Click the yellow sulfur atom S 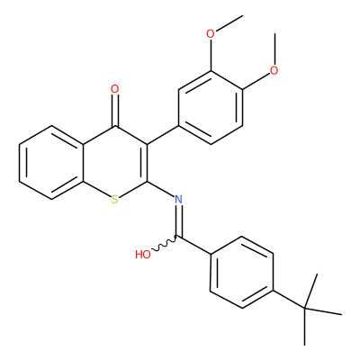coord(114,200)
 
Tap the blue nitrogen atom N coord(178,199)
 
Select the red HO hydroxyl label coord(143,255)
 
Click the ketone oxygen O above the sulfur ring coord(114,89)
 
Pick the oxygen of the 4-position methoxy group coord(274,70)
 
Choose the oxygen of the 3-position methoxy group coord(211,34)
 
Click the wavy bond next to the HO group coord(165,244)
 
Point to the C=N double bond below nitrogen coord(178,220)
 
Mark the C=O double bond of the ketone coord(114,111)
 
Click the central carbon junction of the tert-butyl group coord(305,308)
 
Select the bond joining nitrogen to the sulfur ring coord(161,189)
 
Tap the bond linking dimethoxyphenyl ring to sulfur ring coord(163,135)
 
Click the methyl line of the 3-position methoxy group coord(229,22)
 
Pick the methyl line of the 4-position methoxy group coord(274,49)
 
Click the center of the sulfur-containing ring coord(115,163)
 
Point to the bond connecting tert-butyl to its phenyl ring coord(289,299)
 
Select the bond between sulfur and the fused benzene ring coord(97,189)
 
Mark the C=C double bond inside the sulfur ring coord(145,163)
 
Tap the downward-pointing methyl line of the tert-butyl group coord(305,327)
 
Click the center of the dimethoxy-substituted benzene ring coord(211,107)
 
